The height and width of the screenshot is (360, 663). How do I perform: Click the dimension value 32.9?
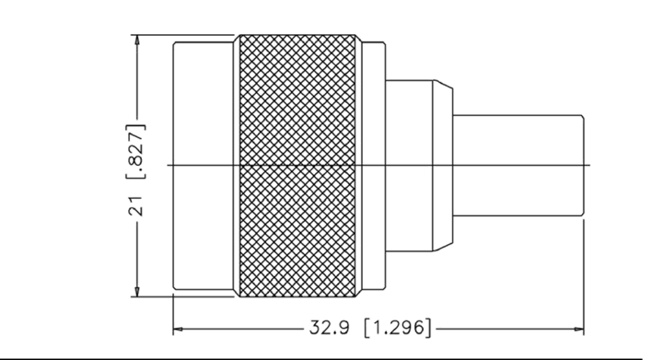(330, 328)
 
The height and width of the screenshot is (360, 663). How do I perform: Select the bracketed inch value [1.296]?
(399, 328)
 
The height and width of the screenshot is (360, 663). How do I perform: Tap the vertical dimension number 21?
(135, 205)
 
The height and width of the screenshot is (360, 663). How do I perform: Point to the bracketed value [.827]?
(136, 151)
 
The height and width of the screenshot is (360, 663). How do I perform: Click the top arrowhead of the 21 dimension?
(136, 41)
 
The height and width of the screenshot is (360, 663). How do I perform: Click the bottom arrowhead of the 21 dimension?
(136, 291)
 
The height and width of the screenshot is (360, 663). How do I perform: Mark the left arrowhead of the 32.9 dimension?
(179, 329)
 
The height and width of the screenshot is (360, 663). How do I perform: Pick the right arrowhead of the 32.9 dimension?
(578, 329)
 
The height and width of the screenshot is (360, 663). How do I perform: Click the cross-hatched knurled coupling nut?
(297, 166)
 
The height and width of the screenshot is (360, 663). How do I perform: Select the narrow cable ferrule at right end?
(518, 165)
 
